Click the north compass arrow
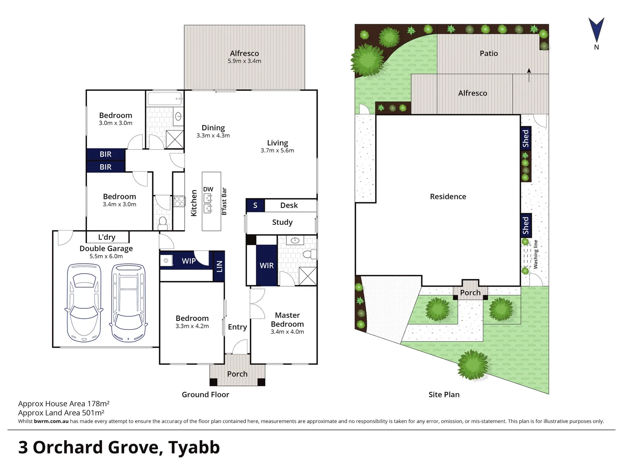[596, 30]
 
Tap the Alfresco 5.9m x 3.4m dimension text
[244, 61]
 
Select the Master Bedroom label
[287, 320]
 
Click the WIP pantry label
[189, 261]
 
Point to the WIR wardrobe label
[267, 265]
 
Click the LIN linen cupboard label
[219, 266]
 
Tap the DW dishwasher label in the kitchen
[208, 189]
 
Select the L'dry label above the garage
[107, 237]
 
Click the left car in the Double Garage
[84, 303]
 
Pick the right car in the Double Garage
[128, 303]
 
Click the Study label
[282, 222]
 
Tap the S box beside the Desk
[255, 205]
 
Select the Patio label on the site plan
[488, 53]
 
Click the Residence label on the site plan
[448, 196]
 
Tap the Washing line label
[536, 255]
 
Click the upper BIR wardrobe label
[106, 154]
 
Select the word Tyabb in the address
[194, 448]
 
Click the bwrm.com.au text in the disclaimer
[51, 421]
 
